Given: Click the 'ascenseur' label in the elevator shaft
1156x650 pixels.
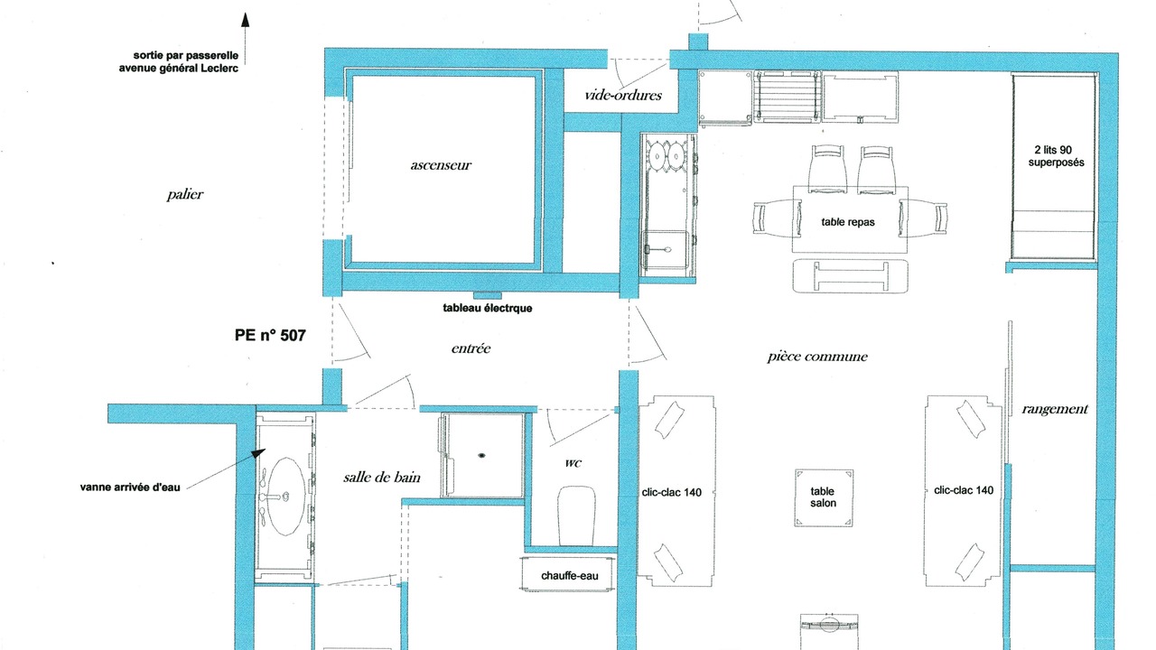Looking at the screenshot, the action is pyautogui.click(x=441, y=165).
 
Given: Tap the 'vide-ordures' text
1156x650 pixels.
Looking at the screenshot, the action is pyautogui.click(x=623, y=95).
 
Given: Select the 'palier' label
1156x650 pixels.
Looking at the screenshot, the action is pyautogui.click(x=185, y=194).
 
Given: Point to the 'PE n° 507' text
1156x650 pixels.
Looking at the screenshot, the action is pyautogui.click(x=270, y=335).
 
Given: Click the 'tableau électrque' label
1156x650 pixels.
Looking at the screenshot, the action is pyautogui.click(x=487, y=308).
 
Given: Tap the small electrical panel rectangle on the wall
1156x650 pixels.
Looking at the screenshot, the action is pyautogui.click(x=487, y=295).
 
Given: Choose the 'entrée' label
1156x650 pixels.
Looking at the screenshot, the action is pyautogui.click(x=471, y=348).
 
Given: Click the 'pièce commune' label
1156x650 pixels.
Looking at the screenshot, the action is pyautogui.click(x=817, y=357).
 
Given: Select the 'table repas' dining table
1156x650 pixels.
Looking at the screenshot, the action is pyautogui.click(x=850, y=219).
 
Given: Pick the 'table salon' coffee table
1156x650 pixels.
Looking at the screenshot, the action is pyautogui.click(x=823, y=497).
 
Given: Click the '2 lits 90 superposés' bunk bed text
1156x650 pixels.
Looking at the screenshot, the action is pyautogui.click(x=1056, y=156).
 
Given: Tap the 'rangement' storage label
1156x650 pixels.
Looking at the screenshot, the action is pyautogui.click(x=1054, y=409).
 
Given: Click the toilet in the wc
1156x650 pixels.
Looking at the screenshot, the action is pyautogui.click(x=576, y=515).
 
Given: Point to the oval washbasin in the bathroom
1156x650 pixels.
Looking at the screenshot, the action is pyautogui.click(x=287, y=497).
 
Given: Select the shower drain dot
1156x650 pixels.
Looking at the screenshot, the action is pyautogui.click(x=481, y=456).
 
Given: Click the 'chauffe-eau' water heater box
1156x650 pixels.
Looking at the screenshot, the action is pyautogui.click(x=568, y=574).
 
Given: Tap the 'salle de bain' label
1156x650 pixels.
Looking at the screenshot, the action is pyautogui.click(x=382, y=478).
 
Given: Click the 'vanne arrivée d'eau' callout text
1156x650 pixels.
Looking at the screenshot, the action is pyautogui.click(x=130, y=487).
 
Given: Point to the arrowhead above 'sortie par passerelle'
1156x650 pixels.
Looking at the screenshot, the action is pyautogui.click(x=246, y=20).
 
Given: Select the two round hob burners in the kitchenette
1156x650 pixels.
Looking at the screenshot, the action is pyautogui.click(x=667, y=154).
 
